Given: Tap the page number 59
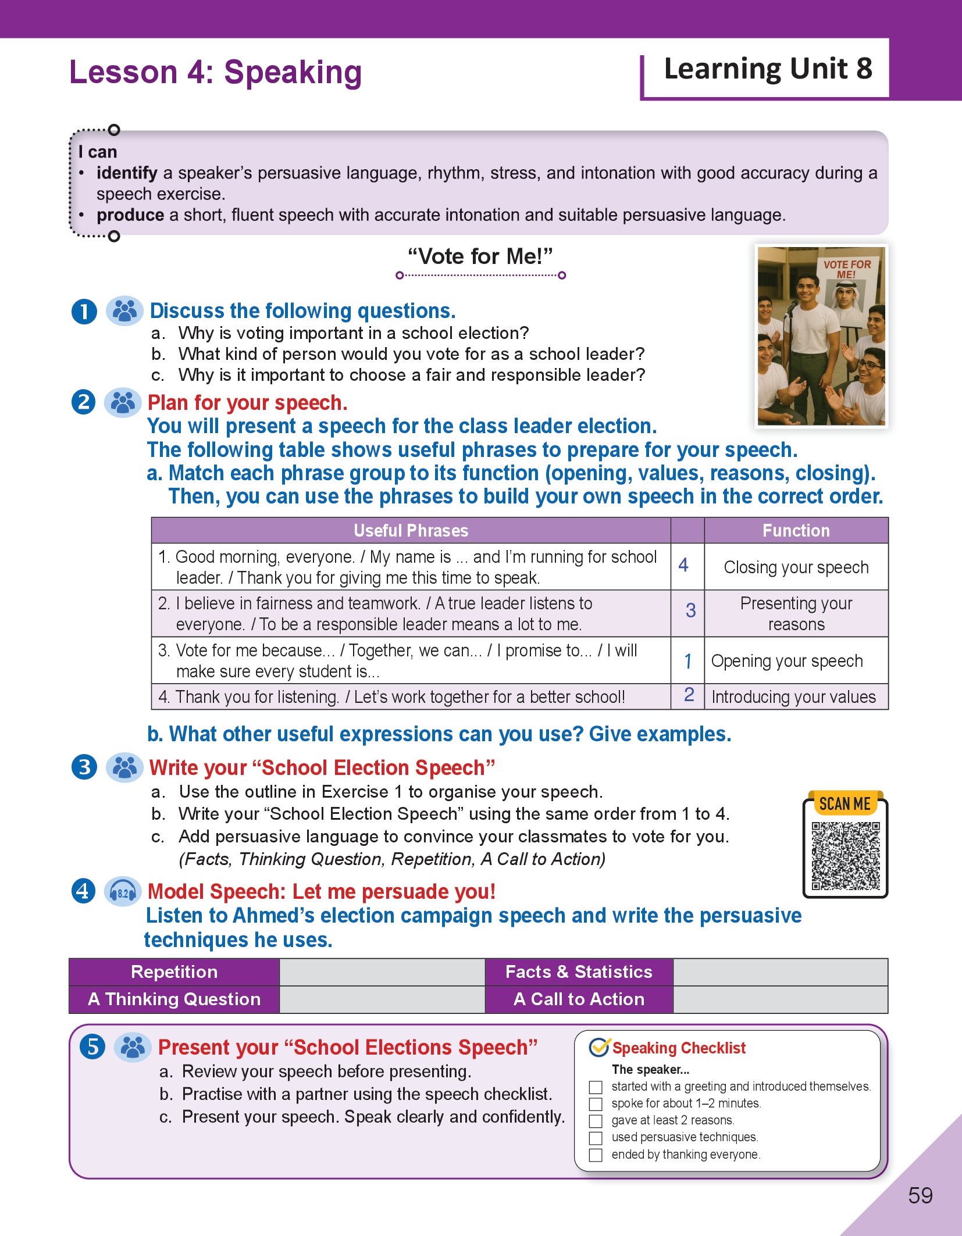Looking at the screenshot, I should coord(920,1195).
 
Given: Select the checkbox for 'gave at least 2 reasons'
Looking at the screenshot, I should coord(596,1121).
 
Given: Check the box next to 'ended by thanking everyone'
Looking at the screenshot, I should coord(596,1155).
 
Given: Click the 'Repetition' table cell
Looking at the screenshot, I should coord(174,972).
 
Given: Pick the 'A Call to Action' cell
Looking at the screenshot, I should coord(579,999).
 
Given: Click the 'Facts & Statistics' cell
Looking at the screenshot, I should coord(579,972).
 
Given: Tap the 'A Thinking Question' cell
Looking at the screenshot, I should coord(174,999).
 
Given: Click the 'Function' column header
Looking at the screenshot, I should coord(796,530).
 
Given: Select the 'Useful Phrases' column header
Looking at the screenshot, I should coord(411,530).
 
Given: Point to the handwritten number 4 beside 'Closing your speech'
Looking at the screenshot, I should coord(683,565).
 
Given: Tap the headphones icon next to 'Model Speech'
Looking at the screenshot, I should coord(123,892).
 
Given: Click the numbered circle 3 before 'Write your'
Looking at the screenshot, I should coord(84,767).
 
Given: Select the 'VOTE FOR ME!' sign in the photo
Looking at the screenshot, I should coord(847,269).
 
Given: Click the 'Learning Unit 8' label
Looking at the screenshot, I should coord(768,69).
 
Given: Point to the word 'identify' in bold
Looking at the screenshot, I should coord(127,173).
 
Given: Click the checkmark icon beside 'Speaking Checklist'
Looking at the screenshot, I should coord(599,1048).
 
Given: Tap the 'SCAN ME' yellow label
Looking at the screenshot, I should coord(845,804).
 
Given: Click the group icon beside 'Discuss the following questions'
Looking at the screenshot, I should coord(124,311).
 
